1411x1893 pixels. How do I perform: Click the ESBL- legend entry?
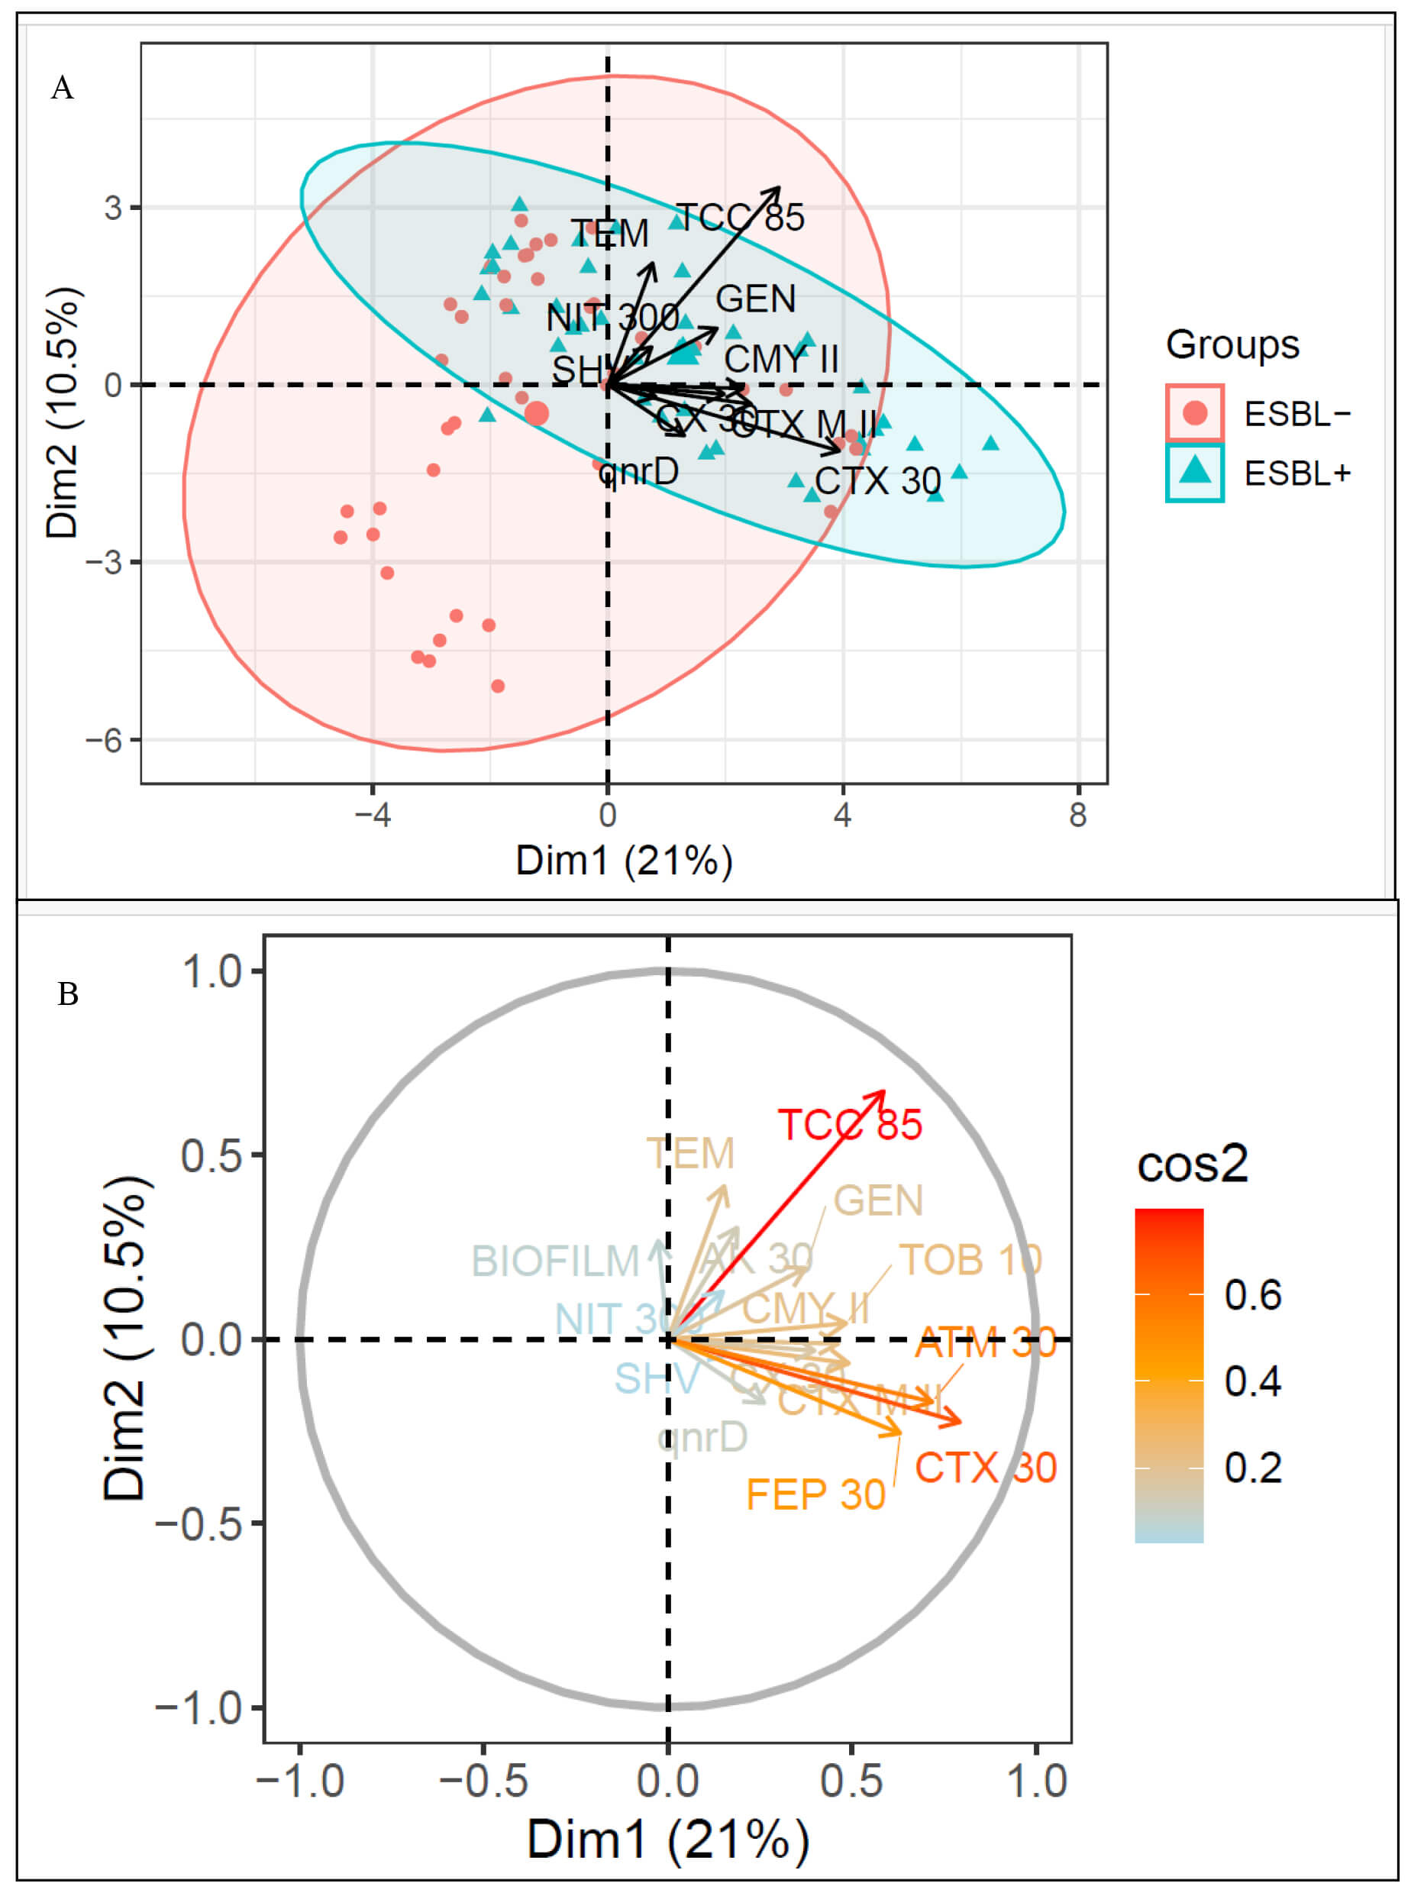[1296, 415]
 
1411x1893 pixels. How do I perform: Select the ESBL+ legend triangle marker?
[1195, 470]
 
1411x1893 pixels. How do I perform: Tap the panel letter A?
[63, 88]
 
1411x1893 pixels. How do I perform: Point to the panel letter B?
[67, 994]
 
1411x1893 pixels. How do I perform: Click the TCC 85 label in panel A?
[740, 218]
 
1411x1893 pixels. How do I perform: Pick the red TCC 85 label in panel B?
[849, 1125]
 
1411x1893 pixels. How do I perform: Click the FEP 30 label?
[815, 1495]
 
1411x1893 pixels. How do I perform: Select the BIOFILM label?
[555, 1261]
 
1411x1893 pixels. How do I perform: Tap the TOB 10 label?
[971, 1260]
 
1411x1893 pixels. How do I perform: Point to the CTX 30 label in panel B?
[986, 1468]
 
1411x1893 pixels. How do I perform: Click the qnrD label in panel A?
[639, 470]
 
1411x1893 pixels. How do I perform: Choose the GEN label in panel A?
[755, 299]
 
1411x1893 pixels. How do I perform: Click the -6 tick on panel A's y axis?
[102, 740]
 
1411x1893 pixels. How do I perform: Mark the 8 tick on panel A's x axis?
[1078, 816]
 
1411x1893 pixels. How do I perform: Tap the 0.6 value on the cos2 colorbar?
[1252, 1295]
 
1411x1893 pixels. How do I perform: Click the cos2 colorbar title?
[1193, 1164]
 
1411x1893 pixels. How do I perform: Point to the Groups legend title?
[1232, 345]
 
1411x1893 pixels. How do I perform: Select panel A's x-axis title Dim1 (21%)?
[624, 861]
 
